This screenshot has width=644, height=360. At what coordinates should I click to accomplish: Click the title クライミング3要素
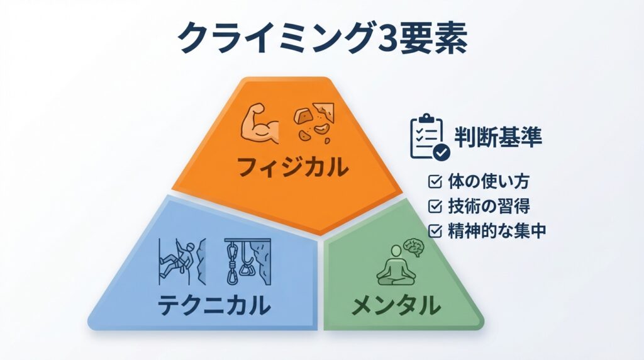pos(323,38)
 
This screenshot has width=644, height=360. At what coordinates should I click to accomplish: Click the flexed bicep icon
pos(260,124)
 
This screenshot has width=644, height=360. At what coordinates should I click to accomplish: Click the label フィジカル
pos(292,167)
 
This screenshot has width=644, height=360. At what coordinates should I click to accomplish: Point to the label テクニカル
pos(214,305)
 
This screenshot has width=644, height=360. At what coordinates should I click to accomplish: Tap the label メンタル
pos(397,305)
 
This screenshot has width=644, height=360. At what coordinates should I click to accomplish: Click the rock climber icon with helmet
pos(182,261)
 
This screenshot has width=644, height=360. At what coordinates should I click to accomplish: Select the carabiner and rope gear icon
pos(248,261)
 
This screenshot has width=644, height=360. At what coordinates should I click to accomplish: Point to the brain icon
pos(414,247)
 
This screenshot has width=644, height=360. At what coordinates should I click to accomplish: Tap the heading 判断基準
pos(498,137)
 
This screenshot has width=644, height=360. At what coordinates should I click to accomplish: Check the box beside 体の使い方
pos(435,181)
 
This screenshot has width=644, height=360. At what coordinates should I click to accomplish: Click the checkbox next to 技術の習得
pos(435,206)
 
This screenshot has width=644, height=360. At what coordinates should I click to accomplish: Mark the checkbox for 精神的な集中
pos(435,230)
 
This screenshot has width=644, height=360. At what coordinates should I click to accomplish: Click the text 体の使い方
pos(488,181)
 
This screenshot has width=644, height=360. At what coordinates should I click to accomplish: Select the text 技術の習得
pos(489,206)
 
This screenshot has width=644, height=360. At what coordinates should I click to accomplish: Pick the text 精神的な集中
pos(497,230)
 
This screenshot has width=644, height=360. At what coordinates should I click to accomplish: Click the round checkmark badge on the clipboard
pos(441,152)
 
